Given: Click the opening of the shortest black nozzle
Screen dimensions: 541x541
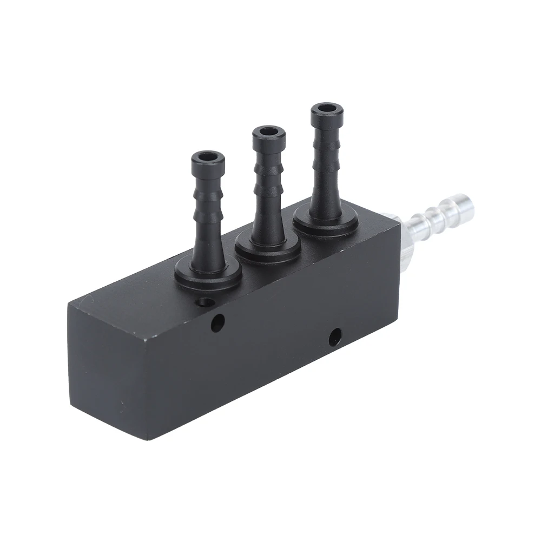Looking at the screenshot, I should coord(208,157).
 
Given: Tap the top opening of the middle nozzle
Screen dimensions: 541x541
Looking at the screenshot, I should coord(268,133).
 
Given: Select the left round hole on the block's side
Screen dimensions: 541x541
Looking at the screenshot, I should coord(219,323).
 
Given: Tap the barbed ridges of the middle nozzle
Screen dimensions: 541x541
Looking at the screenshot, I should coord(268,184).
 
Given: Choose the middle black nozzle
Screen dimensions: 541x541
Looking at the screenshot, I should coord(268,189).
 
